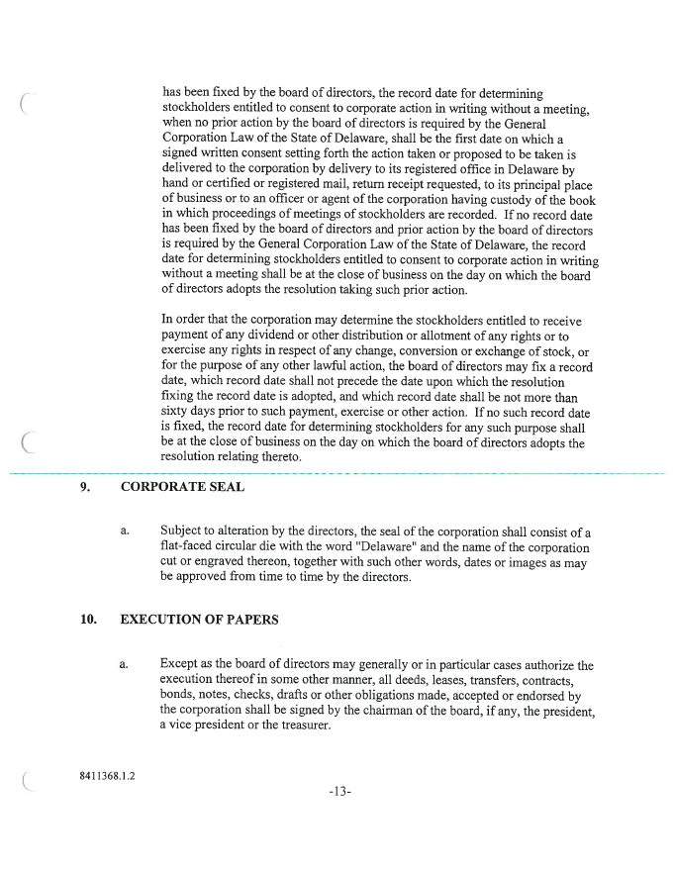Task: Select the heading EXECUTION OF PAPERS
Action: coord(198,621)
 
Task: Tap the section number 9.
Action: coord(86,488)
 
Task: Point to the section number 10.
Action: coord(89,621)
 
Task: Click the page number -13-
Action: coord(337,794)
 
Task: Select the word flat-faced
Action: coord(188,547)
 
